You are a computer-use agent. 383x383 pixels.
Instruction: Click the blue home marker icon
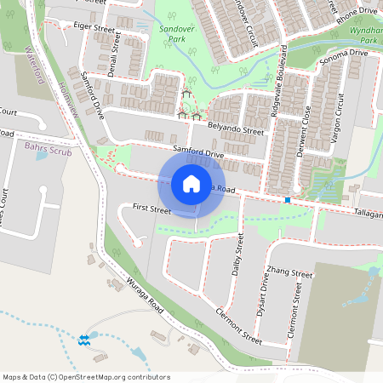point(191,184)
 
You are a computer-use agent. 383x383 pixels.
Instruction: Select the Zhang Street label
point(289,273)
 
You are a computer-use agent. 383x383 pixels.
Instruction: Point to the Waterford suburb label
point(35,63)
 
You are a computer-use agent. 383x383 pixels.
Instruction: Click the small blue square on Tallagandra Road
point(289,200)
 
